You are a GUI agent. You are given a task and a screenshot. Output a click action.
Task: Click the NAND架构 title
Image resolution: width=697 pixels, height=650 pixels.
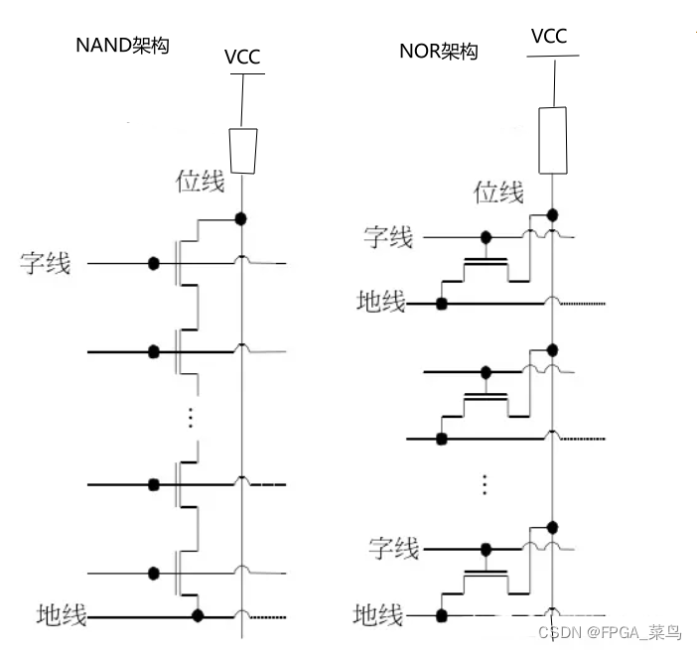click(x=121, y=45)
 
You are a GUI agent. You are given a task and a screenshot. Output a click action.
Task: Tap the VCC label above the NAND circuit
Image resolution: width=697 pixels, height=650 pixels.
click(x=242, y=57)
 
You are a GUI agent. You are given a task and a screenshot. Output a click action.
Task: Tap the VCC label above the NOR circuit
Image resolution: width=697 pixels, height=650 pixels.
click(x=550, y=37)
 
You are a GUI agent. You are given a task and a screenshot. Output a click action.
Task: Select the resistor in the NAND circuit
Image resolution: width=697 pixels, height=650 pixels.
click(x=241, y=149)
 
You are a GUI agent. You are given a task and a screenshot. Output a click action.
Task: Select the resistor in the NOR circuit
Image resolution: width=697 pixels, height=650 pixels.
click(x=551, y=141)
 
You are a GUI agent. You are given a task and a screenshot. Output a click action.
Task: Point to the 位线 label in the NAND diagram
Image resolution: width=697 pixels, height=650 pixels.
click(x=201, y=182)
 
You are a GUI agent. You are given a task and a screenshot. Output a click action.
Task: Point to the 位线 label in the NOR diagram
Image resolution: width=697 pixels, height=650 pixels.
click(x=498, y=191)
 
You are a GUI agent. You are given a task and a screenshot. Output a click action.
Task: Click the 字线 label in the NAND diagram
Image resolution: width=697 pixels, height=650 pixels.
click(x=46, y=263)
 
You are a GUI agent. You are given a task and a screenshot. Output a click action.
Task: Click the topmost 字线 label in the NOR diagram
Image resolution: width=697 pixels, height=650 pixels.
click(x=388, y=237)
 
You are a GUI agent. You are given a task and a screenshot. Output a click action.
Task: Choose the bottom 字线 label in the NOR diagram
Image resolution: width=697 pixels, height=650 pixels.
click(x=394, y=546)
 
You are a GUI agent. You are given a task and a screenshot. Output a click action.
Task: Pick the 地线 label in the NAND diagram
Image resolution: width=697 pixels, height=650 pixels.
click(x=62, y=614)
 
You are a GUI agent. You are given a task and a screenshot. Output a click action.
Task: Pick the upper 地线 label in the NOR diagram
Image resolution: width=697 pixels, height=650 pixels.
click(x=381, y=302)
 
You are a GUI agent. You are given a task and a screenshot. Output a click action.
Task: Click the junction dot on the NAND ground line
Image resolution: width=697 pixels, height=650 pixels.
click(x=199, y=615)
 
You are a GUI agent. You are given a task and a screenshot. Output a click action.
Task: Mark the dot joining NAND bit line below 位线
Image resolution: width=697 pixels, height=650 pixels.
click(x=241, y=217)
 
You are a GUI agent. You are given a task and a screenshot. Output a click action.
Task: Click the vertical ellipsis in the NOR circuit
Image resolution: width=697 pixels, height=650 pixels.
click(x=484, y=484)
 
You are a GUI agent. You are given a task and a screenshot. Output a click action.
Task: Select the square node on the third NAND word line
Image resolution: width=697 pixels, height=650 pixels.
click(x=154, y=484)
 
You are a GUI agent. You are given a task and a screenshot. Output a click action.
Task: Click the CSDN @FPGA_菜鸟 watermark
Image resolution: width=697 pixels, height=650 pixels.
click(x=609, y=631)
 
